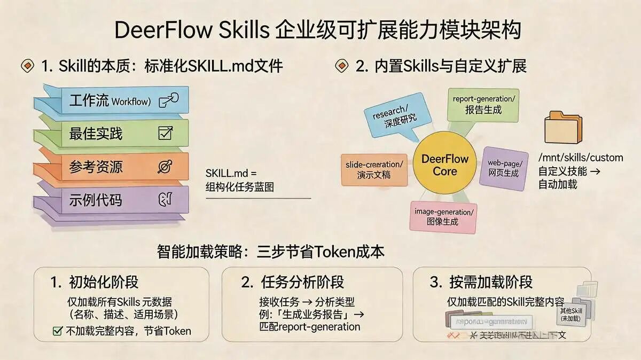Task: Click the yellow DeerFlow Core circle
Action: click(444, 165)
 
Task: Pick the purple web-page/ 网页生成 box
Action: click(504, 168)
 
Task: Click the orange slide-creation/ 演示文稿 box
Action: click(373, 170)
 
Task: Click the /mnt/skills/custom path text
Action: click(581, 158)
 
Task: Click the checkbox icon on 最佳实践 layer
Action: click(165, 133)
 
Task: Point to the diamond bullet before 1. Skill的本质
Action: click(27, 66)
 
